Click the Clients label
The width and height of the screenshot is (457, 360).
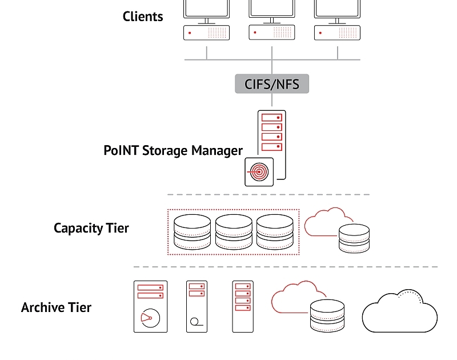coord(143,16)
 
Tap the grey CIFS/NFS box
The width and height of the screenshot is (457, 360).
coord(271,84)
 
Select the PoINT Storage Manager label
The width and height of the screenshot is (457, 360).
coord(173,150)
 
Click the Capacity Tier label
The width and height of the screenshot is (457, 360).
coord(91,228)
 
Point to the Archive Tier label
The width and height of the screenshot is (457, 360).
coord(56,307)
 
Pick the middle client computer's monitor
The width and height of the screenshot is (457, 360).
coord(272,8)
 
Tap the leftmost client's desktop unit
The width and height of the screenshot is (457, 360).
coord(206,33)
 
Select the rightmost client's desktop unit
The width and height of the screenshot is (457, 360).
coord(337,33)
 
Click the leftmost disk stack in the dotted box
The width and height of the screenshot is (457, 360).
coord(191,231)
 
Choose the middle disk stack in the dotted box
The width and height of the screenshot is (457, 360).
coord(233,231)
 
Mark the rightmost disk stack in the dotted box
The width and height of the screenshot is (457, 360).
coord(275,231)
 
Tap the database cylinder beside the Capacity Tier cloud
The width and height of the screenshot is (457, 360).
coord(354,239)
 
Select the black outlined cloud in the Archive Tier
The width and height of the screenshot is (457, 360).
coord(400,311)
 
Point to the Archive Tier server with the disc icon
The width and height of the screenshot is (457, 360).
coord(150,306)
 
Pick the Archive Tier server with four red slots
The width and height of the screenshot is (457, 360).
coord(242,306)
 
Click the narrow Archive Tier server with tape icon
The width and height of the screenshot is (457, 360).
coord(197,306)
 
